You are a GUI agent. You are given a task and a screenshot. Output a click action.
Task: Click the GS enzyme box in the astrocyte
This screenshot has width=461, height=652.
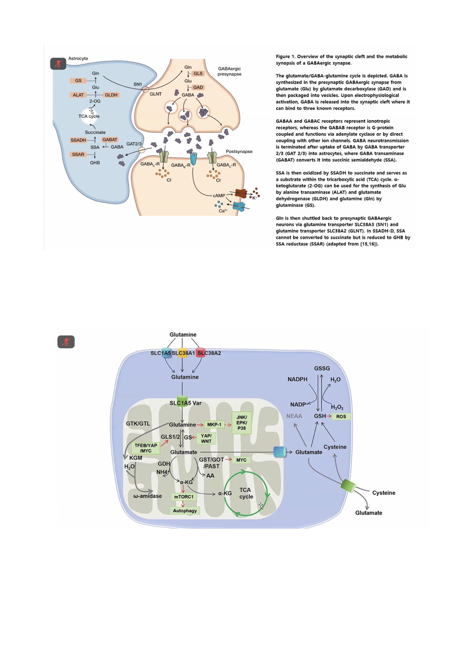click(78, 81)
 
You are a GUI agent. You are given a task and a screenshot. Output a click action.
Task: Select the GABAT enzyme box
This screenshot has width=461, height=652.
click(110, 139)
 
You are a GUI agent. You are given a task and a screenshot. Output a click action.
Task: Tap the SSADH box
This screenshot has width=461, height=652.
click(78, 140)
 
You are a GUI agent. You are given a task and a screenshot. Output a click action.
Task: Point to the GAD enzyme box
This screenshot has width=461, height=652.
click(198, 88)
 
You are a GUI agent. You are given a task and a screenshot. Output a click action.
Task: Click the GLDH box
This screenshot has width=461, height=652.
click(111, 95)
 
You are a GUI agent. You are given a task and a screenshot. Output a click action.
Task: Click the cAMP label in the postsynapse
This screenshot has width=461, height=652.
click(219, 196)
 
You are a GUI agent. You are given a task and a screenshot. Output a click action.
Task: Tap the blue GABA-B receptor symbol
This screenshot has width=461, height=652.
click(194, 158)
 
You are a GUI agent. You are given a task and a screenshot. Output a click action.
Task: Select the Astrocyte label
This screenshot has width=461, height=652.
click(78, 58)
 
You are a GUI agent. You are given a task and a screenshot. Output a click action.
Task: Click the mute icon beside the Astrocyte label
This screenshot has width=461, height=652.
click(58, 64)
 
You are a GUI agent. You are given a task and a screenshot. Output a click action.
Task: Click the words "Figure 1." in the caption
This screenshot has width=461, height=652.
click(285, 57)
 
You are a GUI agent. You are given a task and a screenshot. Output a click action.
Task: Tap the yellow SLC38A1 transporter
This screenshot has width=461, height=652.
click(182, 353)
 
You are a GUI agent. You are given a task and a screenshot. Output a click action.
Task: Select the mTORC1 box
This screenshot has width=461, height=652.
click(184, 497)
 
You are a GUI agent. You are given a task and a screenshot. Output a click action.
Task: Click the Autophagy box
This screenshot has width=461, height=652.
click(185, 511)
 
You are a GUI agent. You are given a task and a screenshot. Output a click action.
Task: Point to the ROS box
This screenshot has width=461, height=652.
click(341, 416)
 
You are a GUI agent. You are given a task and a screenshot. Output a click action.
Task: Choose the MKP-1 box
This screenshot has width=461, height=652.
click(214, 425)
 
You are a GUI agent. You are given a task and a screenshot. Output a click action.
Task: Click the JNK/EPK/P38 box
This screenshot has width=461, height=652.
click(241, 423)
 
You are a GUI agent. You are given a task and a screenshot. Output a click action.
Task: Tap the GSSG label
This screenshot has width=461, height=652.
click(322, 368)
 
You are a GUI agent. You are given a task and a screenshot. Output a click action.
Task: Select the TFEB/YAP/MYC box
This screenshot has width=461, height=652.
click(146, 448)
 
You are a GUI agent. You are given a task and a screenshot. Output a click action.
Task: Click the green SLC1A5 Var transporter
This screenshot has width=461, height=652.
click(182, 401)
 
